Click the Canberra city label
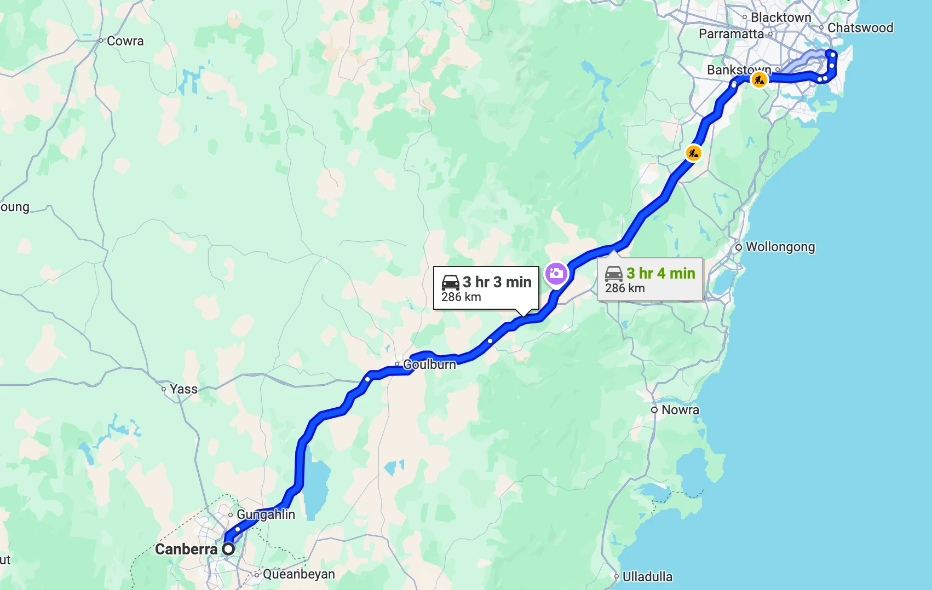pyautogui.click(x=186, y=549)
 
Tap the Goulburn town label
pyautogui.click(x=429, y=365)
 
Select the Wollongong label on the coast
pyautogui.click(x=780, y=247)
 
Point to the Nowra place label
pyautogui.click(x=680, y=410)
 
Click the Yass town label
pyautogui.click(x=183, y=389)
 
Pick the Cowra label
pyautogui.click(x=125, y=41)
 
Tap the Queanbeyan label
pyautogui.click(x=298, y=574)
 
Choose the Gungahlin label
pyautogui.click(x=266, y=514)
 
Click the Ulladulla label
pyautogui.click(x=647, y=577)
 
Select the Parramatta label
pyautogui.click(x=731, y=34)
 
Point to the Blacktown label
pyautogui.click(x=780, y=18)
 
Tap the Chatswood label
pyautogui.click(x=860, y=28)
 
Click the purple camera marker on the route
pyautogui.click(x=556, y=273)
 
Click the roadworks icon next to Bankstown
pyautogui.click(x=759, y=80)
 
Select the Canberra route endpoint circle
pyautogui.click(x=228, y=549)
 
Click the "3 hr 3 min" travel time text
pyautogui.click(x=497, y=282)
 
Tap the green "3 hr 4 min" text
pyautogui.click(x=660, y=273)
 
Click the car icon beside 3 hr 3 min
pyautogui.click(x=450, y=282)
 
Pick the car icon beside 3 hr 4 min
pyautogui.click(x=613, y=273)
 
